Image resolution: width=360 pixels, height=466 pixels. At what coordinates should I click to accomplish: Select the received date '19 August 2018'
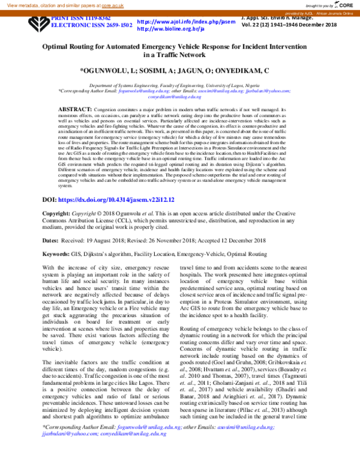(101, 223)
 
